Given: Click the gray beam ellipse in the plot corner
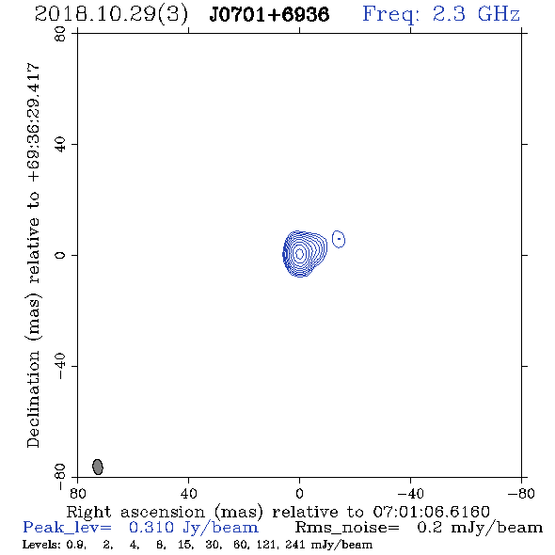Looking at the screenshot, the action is pyautogui.click(x=98, y=467).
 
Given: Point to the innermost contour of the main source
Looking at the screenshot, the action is pyautogui.click(x=299, y=254).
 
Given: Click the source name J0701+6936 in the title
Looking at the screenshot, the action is pyautogui.click(x=269, y=15).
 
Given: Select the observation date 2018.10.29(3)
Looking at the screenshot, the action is pyautogui.click(x=111, y=15).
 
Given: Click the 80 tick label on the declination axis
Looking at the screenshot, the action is pyautogui.click(x=60, y=34).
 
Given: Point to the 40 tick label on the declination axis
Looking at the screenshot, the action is pyautogui.click(x=60, y=145).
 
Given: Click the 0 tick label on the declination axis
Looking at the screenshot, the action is pyautogui.click(x=60, y=255).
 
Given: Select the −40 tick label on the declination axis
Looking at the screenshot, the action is pyautogui.click(x=60, y=366).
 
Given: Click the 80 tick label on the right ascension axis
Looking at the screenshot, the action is pyautogui.click(x=77, y=494).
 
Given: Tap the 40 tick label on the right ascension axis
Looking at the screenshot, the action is pyautogui.click(x=189, y=494).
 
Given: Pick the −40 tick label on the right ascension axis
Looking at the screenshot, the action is pyautogui.click(x=410, y=494).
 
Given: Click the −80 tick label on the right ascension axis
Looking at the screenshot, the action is pyautogui.click(x=521, y=494).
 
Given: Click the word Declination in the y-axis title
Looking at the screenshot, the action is pyautogui.click(x=33, y=399).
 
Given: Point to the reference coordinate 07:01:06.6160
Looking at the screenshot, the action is pyautogui.click(x=432, y=512).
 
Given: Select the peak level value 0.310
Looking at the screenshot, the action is pyautogui.click(x=151, y=528).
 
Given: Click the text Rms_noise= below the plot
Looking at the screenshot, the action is pyautogui.click(x=347, y=528).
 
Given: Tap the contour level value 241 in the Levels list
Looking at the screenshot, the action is pyautogui.click(x=296, y=545).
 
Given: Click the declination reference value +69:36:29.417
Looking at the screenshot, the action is pyautogui.click(x=34, y=123).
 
